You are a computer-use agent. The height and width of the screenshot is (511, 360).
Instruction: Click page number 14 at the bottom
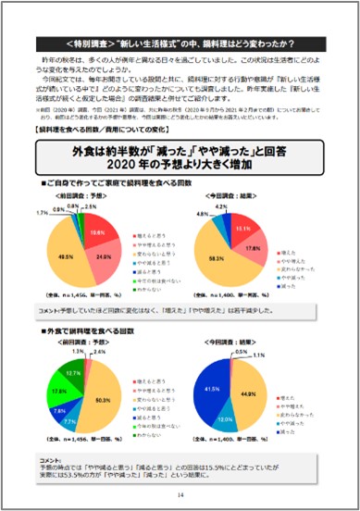coord(181,494)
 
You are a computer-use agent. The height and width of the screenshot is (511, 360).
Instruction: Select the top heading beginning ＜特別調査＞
coord(180,44)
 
